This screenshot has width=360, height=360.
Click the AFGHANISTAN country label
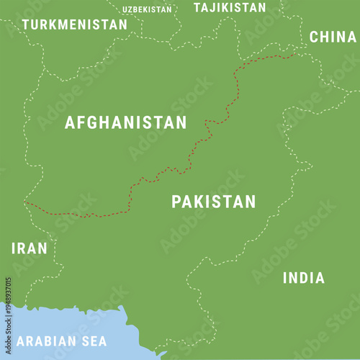point(125,122)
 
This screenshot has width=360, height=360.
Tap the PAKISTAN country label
point(213,202)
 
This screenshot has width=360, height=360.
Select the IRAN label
point(29,248)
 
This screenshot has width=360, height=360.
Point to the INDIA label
point(303,278)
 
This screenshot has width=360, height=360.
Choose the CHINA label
point(332,37)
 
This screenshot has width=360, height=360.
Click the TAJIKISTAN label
point(230,8)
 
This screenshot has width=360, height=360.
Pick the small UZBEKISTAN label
point(147,9)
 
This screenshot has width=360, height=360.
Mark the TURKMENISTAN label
point(74,24)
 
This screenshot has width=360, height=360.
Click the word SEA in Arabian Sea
point(92,341)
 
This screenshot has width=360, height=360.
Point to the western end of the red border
point(26,203)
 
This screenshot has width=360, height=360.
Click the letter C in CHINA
point(315,37)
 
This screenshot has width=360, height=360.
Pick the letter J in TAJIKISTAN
point(214,8)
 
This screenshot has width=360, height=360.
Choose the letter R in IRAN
point(21,248)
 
